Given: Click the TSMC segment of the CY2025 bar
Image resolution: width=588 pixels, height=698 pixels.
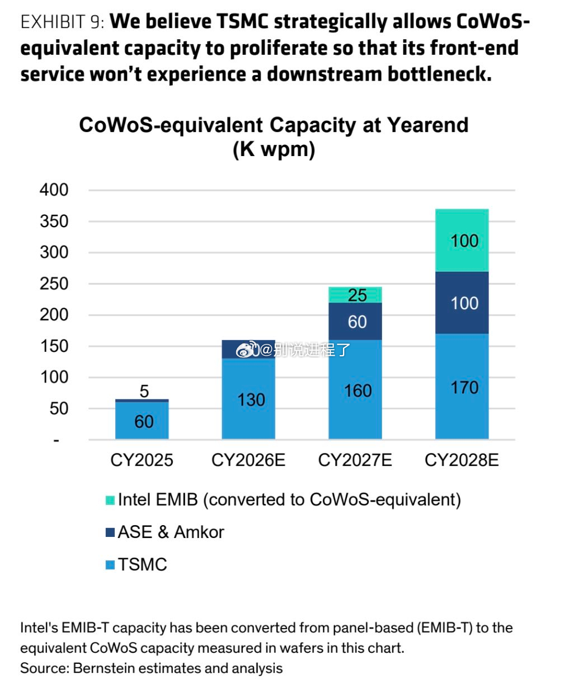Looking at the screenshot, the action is pos(142,420).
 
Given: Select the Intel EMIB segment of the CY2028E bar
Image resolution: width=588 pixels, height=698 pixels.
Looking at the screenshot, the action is pos(462,240).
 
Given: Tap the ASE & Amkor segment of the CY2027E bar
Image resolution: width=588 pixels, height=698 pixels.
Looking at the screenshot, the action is pos(355,321).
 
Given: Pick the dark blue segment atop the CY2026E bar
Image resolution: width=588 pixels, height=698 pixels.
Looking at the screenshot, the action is pos(248,350).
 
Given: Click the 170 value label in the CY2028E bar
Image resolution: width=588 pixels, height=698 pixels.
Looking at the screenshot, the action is pos(464,388).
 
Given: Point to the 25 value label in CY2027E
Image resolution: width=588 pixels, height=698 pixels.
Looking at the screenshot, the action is pos(357,295).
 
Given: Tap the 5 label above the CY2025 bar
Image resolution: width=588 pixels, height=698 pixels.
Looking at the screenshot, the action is pos(144,391).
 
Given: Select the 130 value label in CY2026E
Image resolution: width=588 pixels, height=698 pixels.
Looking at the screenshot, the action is pos(251,400).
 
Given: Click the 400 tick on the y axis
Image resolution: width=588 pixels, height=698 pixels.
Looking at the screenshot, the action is pos(54,190).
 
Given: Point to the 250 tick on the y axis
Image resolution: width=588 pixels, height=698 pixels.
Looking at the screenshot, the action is pos(54,284).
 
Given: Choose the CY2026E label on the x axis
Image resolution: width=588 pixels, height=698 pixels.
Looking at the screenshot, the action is pos(248,460).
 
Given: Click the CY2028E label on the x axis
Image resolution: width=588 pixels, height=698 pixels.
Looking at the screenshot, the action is pos(462,460).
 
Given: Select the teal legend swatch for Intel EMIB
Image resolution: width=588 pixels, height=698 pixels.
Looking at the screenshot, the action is pos(110,500).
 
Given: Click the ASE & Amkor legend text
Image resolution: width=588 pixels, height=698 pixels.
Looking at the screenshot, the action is pos(171,532).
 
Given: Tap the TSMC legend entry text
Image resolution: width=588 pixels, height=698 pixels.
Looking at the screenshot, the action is pos(142,565).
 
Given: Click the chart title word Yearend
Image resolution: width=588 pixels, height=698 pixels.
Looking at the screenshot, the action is pos(428,125).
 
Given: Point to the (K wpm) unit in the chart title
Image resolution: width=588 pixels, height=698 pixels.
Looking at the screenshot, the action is pos(274,149).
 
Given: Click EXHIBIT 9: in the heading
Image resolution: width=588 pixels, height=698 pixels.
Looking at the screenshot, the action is pos(62,22).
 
